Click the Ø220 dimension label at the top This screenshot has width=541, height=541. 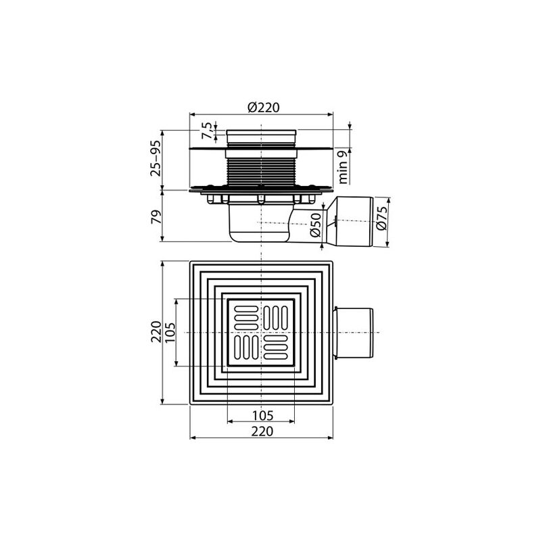point(263,107)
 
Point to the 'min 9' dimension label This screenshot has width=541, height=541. point(344,167)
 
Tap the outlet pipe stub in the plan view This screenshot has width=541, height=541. point(353,333)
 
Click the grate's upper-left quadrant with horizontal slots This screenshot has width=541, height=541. point(245,316)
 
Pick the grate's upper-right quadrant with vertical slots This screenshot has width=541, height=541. point(277,316)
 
